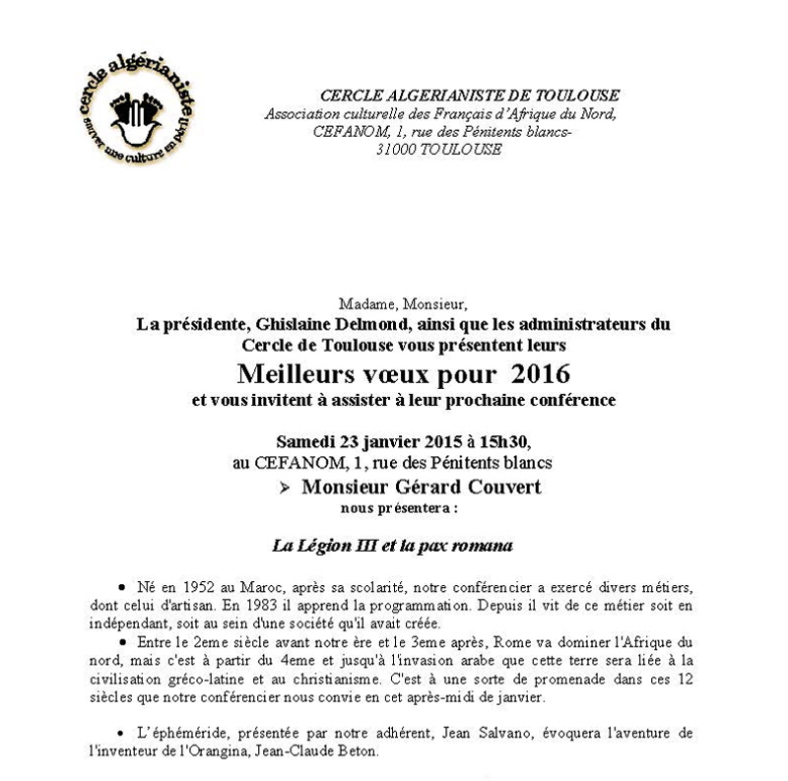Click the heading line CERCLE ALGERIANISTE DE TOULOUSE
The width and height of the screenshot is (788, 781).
click(470, 96)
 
